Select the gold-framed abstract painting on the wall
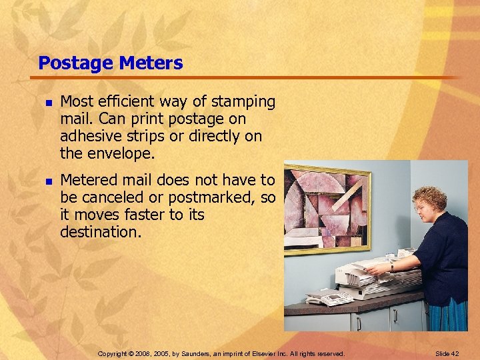pyautogui.click(x=327, y=209)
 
